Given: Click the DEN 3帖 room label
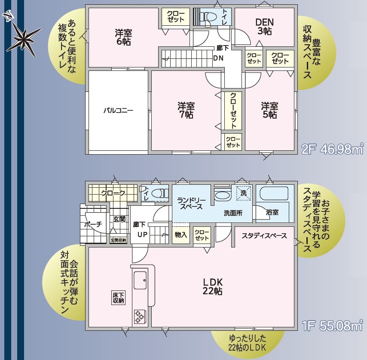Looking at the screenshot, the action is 264,27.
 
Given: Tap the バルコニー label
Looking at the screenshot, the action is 118,110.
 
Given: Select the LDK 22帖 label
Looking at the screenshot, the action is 213,287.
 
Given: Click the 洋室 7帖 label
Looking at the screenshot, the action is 186,110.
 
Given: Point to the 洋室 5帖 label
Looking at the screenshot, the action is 269,110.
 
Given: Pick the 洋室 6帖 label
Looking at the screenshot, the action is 123,37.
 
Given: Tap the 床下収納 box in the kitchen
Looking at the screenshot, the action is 118,298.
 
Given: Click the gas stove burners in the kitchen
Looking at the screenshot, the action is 140,317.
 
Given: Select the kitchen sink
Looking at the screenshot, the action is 140,280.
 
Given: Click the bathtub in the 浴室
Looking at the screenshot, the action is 274,193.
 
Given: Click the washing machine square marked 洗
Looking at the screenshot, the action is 243,193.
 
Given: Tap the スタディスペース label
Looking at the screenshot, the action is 264,235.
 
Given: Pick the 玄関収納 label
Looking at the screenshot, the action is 118,240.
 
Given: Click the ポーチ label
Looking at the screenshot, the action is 93,224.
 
